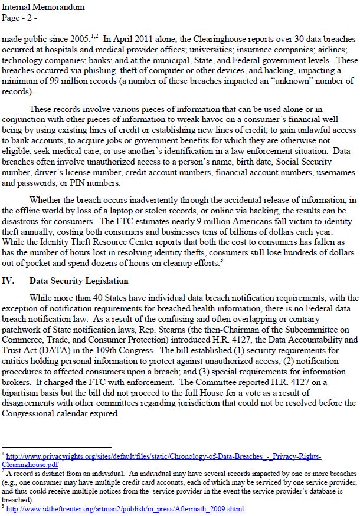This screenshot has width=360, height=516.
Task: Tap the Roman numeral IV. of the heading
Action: [x=9, y=281]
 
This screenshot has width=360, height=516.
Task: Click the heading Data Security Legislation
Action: [x=78, y=281]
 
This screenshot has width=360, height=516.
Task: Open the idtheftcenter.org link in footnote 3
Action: [x=125, y=508]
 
